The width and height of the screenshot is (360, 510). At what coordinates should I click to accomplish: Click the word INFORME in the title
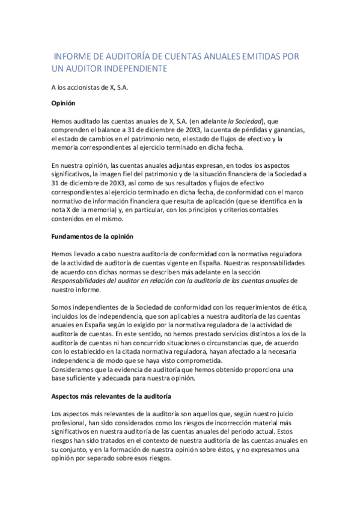coord(72,57)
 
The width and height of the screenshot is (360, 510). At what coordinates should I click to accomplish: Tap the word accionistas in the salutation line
coord(88,87)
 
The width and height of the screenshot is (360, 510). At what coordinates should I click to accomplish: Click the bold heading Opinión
coord(63,103)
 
